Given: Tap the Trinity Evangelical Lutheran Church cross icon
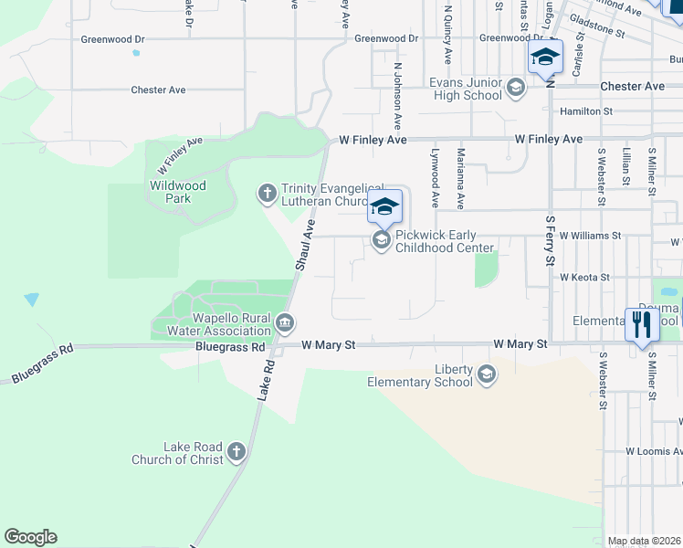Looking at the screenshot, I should point(268,193).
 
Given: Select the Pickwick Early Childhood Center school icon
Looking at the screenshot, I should point(382,240).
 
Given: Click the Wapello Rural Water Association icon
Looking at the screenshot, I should point(285,322).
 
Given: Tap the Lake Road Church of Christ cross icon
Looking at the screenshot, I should point(236,451).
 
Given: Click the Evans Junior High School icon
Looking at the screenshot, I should point(515,89).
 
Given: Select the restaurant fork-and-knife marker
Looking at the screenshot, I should point(641,324).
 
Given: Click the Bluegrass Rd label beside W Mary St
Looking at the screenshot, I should point(230,347).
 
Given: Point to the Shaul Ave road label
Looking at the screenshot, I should point(305,244).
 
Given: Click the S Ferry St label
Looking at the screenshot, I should point(550,238).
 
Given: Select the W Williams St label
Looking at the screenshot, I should point(590,235).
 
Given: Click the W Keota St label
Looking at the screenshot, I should point(584,277).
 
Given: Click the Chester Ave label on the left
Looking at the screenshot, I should point(158,90).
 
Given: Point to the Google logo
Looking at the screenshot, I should point(30,537).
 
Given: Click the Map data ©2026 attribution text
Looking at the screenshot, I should point(644,541).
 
